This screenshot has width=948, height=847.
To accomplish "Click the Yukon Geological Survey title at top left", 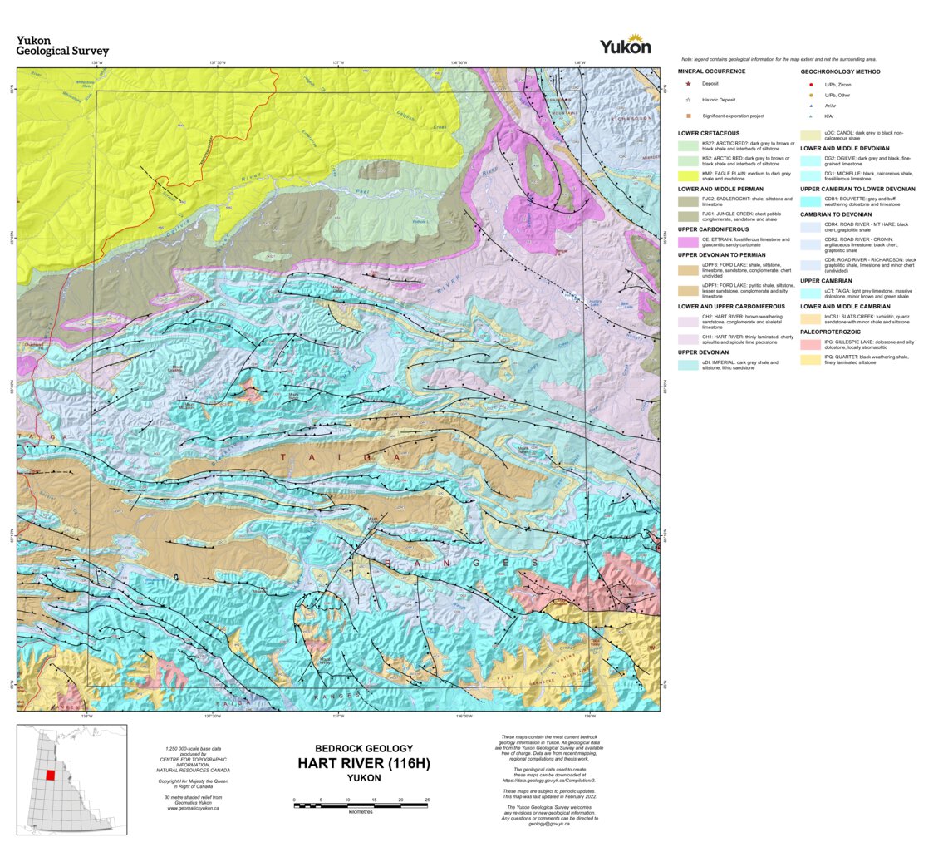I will tap(62, 46).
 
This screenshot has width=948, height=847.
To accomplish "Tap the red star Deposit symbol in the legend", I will tap(689, 84).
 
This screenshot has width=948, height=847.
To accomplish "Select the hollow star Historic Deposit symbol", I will tap(689, 99).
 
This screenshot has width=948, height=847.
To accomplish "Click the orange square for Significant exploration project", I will tap(689, 116).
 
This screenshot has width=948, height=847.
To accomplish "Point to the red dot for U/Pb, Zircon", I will tap(810, 84).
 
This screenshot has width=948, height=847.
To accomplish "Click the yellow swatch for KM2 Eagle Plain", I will tap(688, 175).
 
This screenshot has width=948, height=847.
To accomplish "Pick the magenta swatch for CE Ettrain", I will tap(688, 242).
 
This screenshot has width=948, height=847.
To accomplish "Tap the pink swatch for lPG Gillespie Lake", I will tap(811, 343).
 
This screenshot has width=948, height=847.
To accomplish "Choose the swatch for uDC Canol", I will tap(811, 135).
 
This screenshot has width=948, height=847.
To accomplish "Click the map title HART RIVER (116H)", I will tap(364, 763).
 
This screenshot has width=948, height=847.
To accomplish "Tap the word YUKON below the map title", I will tap(364, 778).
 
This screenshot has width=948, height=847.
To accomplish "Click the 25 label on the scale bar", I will tap(427, 799).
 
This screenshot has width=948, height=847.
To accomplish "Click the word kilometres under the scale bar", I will tap(361, 811).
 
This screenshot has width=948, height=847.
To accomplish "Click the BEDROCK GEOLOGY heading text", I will tap(364, 748).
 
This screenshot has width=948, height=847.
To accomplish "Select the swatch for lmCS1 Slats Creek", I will tap(811, 318).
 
